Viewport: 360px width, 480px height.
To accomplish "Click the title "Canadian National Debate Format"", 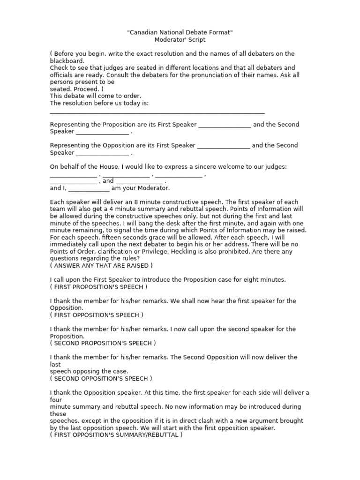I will pyautogui.click(x=180, y=32).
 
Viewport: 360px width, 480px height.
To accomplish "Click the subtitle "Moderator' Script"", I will pyautogui.click(x=180, y=40).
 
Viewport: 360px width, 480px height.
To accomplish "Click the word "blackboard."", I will pyautogui.click(x=67, y=61).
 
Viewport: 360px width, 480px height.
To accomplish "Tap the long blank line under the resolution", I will pyautogui.click(x=157, y=113).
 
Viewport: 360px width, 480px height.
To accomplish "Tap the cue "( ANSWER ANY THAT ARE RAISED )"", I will pyautogui.click(x=101, y=265).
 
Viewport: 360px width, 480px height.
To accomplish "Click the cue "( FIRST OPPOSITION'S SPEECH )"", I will pyautogui.click(x=97, y=315).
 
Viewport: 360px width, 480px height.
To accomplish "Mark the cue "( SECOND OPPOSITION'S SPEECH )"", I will pyautogui.click(x=101, y=378).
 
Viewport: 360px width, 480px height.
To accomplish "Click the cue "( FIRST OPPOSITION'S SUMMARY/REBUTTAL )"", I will pyautogui.click(x=116, y=435).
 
